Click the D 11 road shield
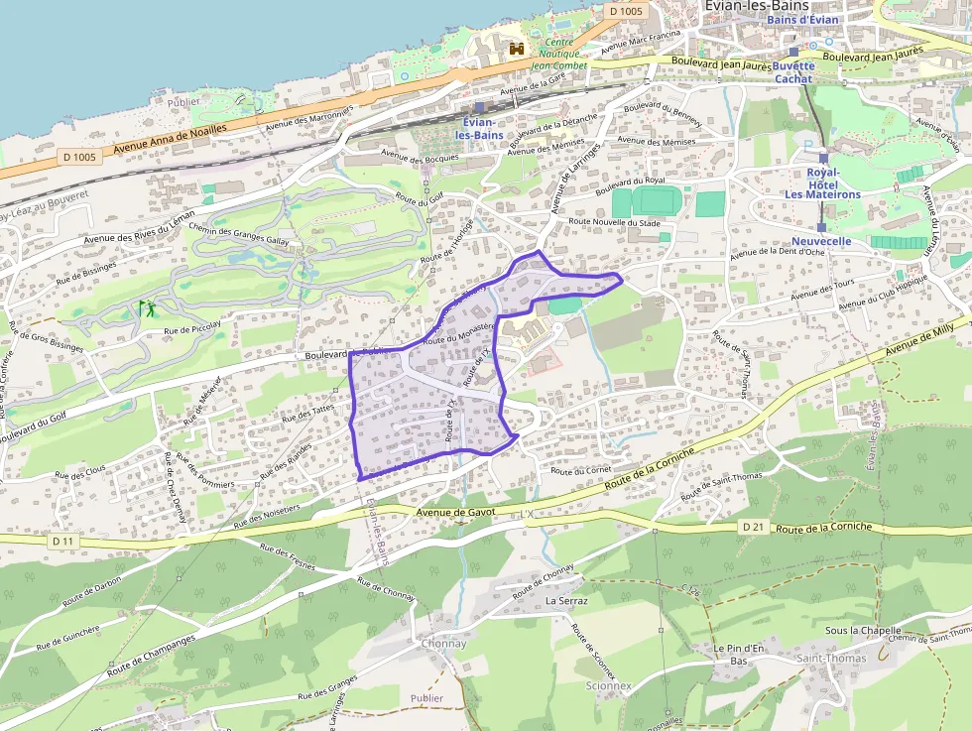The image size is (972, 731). (62, 541)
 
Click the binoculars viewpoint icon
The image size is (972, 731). (517, 48)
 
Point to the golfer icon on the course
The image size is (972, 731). (149, 308)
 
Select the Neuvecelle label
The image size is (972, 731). (821, 241)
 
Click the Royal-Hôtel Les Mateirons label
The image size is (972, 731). (822, 183)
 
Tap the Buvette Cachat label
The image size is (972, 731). (793, 72)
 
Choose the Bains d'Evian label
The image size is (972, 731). (802, 20)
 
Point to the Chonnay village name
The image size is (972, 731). (443, 644)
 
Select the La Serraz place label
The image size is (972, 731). (566, 601)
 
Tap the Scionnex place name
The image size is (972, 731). (608, 685)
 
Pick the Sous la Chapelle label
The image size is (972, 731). (863, 630)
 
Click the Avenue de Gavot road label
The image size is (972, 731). (455, 512)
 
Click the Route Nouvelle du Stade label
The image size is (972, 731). (615, 222)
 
